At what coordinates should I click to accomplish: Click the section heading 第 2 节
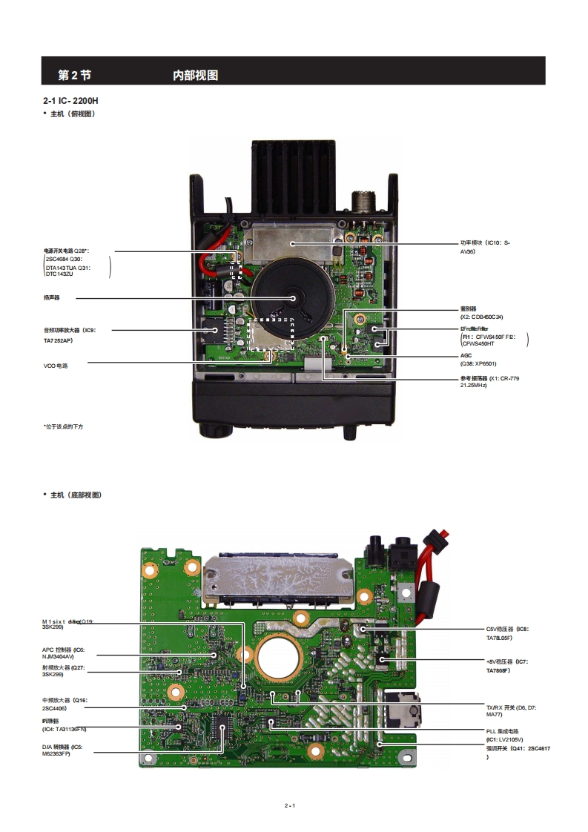tap(74, 75)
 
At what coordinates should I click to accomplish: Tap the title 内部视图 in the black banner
tap(195, 75)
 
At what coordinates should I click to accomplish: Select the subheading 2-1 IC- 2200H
tap(71, 99)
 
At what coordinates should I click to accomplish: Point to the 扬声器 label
tap(51, 297)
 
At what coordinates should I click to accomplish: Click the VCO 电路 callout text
tap(56, 365)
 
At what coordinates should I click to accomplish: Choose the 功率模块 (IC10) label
tap(485, 242)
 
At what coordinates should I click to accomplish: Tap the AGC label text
tap(466, 355)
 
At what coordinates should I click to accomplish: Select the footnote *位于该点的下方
tap(63, 426)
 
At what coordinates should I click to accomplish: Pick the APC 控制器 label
tap(63, 650)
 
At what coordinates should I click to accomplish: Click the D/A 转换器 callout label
tap(62, 747)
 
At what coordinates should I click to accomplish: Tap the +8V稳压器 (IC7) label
tap(506, 661)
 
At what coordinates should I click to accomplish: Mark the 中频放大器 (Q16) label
tap(65, 700)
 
